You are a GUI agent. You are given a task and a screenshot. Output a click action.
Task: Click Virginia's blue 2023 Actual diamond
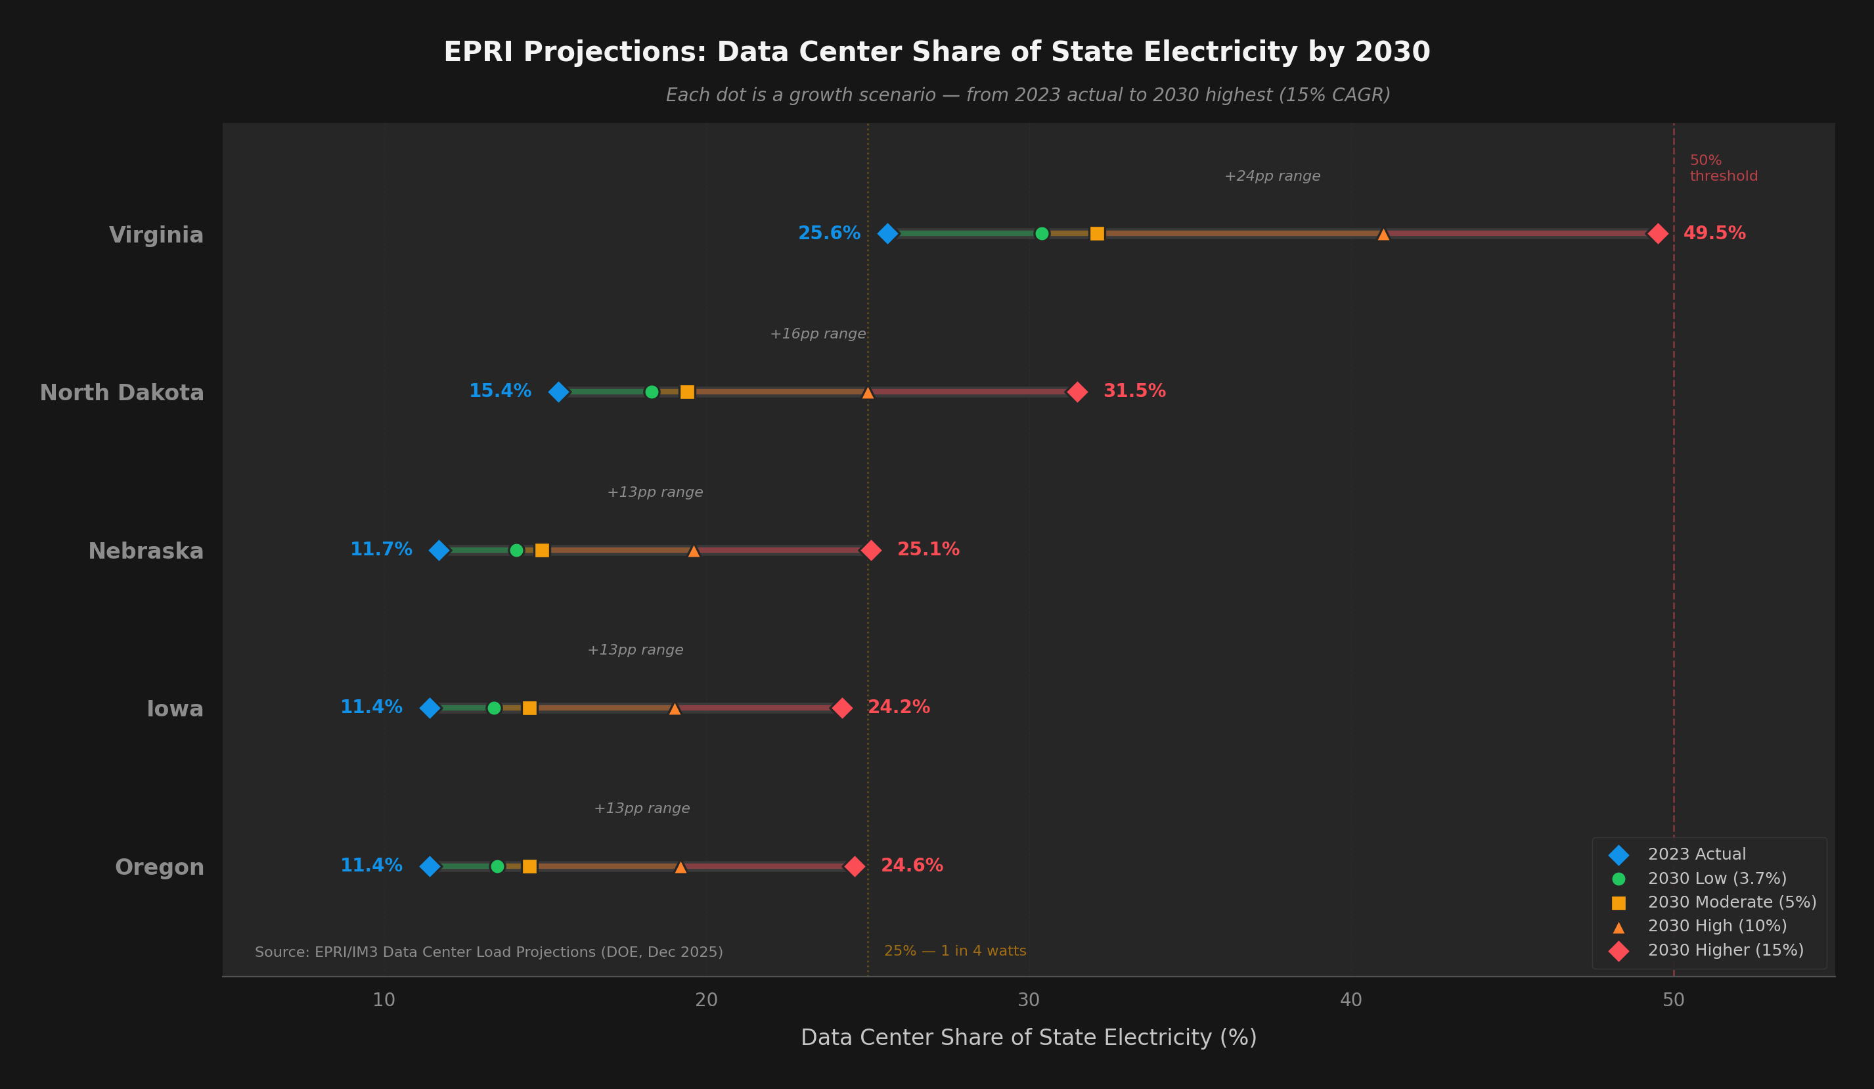pyautogui.click(x=887, y=233)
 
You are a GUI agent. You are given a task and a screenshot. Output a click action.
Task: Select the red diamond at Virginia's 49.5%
pyautogui.click(x=1658, y=233)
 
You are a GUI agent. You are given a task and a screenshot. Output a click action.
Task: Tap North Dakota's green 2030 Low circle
pyautogui.click(x=652, y=392)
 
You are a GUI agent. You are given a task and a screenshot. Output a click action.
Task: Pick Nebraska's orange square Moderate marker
pyautogui.click(x=542, y=551)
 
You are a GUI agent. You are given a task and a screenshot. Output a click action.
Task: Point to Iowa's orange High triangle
pyautogui.click(x=675, y=709)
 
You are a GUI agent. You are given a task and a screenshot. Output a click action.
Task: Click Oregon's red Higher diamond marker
pyautogui.click(x=855, y=867)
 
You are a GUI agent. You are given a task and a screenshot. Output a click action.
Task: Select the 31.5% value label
pyautogui.click(x=1134, y=391)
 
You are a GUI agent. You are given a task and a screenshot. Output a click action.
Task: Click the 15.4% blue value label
pyautogui.click(x=500, y=391)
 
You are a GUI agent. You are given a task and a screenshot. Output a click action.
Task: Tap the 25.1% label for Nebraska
pyautogui.click(x=928, y=549)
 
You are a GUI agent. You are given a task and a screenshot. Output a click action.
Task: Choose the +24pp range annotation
pyautogui.click(x=1272, y=176)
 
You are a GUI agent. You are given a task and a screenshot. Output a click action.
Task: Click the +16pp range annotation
pyautogui.click(x=817, y=334)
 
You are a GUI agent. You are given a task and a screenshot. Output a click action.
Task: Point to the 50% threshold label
pyautogui.click(x=1722, y=168)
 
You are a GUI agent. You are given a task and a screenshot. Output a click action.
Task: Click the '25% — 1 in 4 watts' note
pyautogui.click(x=955, y=952)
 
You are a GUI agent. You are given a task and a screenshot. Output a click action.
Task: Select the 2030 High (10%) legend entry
pyautogui.click(x=1716, y=926)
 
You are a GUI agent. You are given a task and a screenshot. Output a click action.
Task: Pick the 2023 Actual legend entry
pyautogui.click(x=1695, y=854)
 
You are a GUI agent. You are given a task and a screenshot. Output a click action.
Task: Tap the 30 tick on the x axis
pyautogui.click(x=1029, y=1000)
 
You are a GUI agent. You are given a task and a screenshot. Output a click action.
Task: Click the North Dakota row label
pyautogui.click(x=122, y=393)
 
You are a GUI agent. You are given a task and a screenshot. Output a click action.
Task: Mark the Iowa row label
pyautogui.click(x=175, y=709)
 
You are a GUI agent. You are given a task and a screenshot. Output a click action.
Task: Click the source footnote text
pyautogui.click(x=489, y=952)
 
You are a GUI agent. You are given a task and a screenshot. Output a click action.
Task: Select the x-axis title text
pyautogui.click(x=1029, y=1038)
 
